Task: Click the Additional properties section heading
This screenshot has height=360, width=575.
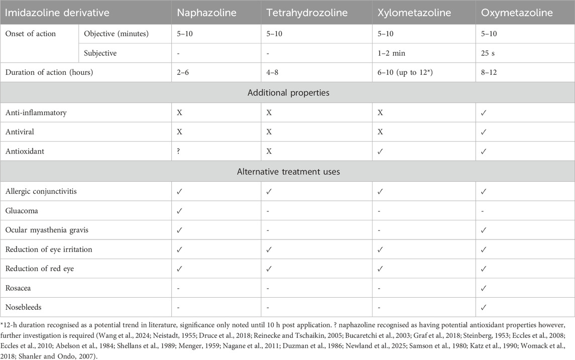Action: pyautogui.click(x=287, y=93)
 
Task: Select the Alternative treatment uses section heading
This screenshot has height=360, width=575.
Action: pyautogui.click(x=287, y=171)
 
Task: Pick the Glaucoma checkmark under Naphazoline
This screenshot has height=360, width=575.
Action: pyautogui.click(x=180, y=210)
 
